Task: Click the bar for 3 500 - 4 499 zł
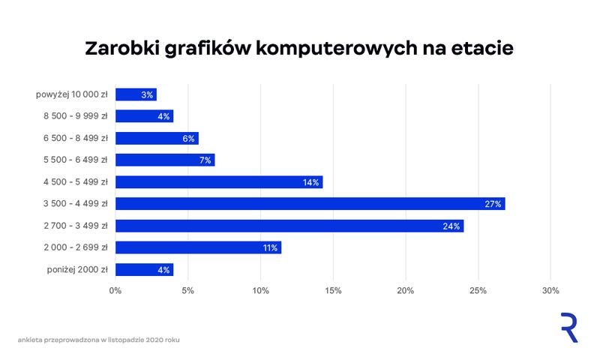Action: point(310,203)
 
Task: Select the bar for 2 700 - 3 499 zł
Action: point(289,226)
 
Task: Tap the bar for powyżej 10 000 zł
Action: point(136,94)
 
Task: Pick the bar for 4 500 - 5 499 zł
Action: point(219,181)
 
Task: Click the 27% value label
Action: point(493,204)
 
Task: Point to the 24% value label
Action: point(451,226)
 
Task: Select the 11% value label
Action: point(269,247)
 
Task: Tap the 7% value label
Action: point(205,160)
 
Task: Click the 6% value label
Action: point(187,138)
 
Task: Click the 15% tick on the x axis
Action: point(333,291)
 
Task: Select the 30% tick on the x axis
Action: point(550,291)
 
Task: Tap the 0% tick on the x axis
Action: point(115,291)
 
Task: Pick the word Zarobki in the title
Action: point(122,49)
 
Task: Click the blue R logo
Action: point(568,328)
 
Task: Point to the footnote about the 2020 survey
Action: point(98,340)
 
